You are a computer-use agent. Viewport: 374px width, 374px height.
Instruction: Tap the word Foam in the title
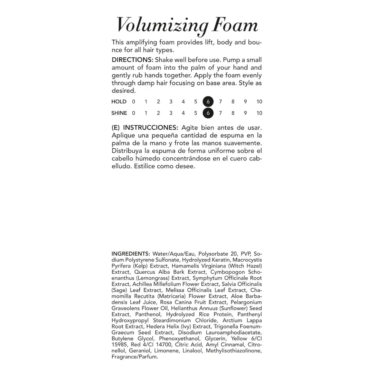pos(235,25)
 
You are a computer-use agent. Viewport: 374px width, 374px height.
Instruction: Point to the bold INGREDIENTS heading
pos(131,254)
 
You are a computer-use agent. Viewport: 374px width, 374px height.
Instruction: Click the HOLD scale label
pos(119,102)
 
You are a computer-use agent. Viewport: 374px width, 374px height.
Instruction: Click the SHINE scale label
pos(119,113)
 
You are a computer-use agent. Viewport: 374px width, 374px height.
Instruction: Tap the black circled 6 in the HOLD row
pos(208,102)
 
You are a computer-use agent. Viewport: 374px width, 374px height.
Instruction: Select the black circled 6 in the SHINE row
pos(208,113)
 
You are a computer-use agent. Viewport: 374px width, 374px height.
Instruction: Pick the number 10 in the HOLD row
pos(259,102)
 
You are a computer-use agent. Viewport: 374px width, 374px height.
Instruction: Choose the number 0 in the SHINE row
pos(133,113)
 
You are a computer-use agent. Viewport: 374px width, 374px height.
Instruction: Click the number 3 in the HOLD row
pos(171,102)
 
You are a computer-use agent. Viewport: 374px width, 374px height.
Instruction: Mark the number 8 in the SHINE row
pos(233,113)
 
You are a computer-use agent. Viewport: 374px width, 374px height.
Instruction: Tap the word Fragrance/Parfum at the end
pos(135,357)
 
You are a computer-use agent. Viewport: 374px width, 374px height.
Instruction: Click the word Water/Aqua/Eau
pos(173,254)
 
